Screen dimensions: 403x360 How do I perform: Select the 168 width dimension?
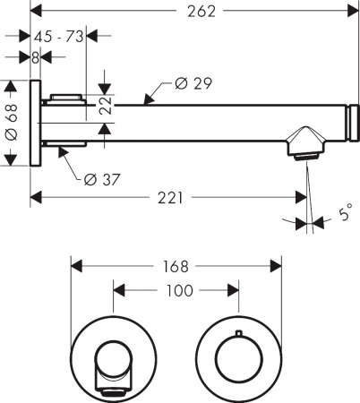[x=176, y=266]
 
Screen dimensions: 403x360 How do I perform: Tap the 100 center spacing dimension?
[x=177, y=291]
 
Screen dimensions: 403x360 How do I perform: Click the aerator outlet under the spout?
[x=306, y=158]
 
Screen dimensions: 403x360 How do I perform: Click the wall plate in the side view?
[x=35, y=124]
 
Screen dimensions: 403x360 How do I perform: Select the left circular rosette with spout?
[x=114, y=357]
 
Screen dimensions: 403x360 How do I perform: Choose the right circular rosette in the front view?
[x=237, y=357]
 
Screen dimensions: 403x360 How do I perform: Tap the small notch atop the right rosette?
[x=237, y=333]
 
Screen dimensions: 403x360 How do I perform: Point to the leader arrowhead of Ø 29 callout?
[x=146, y=101]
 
